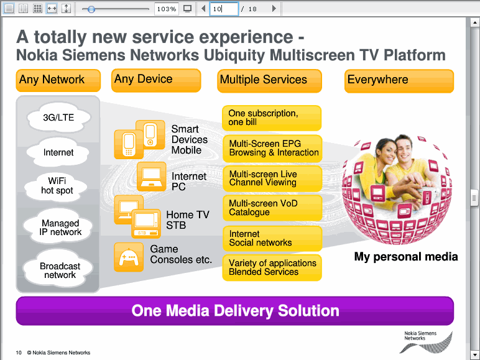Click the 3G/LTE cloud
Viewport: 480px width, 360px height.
[x=59, y=118]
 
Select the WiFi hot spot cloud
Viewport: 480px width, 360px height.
[x=57, y=186]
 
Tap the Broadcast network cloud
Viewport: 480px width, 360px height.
[x=60, y=270]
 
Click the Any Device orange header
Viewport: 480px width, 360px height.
[x=156, y=80]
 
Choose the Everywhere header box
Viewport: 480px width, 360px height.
[x=399, y=81]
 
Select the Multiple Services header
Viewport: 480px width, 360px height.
[x=269, y=81]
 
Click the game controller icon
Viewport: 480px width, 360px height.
[x=129, y=257]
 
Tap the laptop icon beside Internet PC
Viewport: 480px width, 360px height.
[x=151, y=177]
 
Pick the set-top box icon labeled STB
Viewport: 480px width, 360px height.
[x=146, y=224]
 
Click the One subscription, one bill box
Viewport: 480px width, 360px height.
[x=272, y=118]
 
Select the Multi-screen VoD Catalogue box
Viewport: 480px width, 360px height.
[x=272, y=208]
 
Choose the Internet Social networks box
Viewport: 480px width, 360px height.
[x=272, y=239]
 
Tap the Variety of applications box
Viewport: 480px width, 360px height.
[x=272, y=267]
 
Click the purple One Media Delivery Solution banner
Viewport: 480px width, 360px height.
[x=235, y=311]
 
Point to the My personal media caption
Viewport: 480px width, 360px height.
[x=406, y=257]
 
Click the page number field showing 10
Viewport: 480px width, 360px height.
[x=224, y=9]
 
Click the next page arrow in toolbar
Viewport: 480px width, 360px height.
[x=274, y=9]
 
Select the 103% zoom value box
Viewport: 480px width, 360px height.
[x=167, y=9]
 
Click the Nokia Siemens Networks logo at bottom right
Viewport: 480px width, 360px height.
[x=426, y=342]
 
